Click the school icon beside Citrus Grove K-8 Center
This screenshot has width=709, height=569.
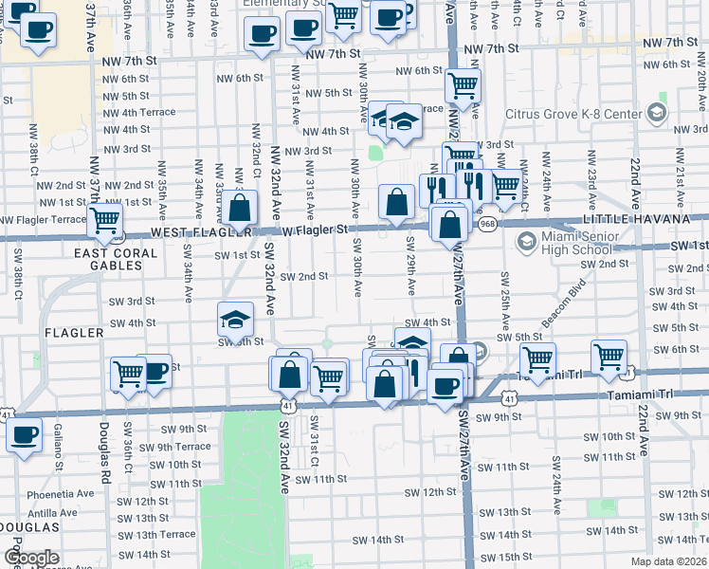(656, 114)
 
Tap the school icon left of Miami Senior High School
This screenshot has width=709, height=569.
(525, 242)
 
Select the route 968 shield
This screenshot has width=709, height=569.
(487, 224)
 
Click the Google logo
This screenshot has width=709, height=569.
(31, 558)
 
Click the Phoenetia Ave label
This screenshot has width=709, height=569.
(61, 493)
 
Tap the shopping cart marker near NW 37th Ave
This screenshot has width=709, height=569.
(104, 220)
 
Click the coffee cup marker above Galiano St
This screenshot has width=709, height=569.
(25, 434)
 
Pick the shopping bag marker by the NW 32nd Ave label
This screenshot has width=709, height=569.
(240, 208)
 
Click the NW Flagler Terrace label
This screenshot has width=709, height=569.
(43, 219)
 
